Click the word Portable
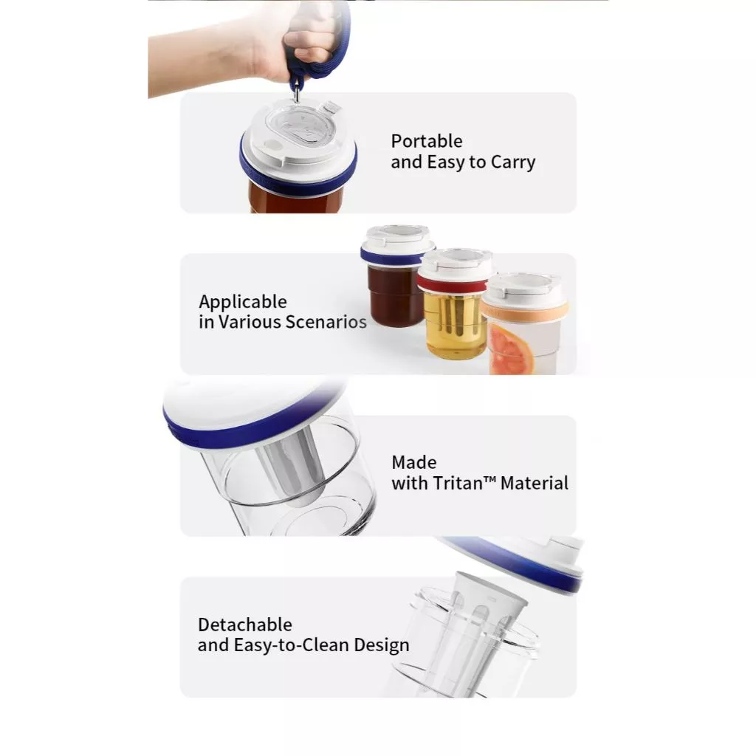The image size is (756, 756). (427, 142)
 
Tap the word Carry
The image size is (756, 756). (512, 162)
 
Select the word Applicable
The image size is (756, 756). (243, 302)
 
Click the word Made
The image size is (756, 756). (414, 463)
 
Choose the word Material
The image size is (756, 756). (535, 484)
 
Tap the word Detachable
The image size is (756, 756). (245, 625)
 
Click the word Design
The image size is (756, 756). (381, 645)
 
